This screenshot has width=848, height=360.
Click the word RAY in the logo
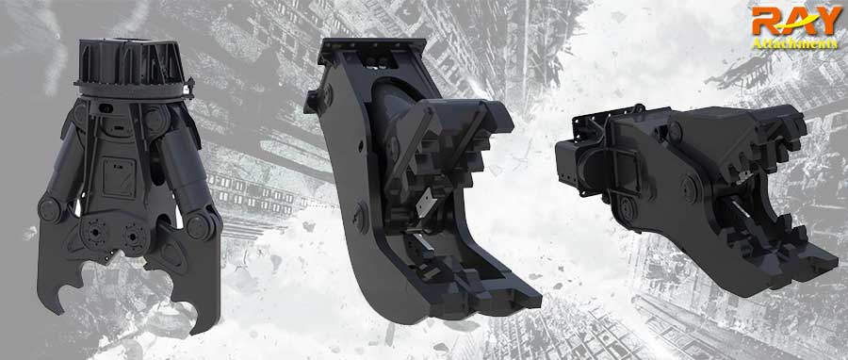(795, 22)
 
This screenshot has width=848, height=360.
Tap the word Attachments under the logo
(794, 44)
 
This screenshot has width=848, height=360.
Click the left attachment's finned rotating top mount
(133, 66)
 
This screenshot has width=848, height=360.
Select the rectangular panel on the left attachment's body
(120, 178)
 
